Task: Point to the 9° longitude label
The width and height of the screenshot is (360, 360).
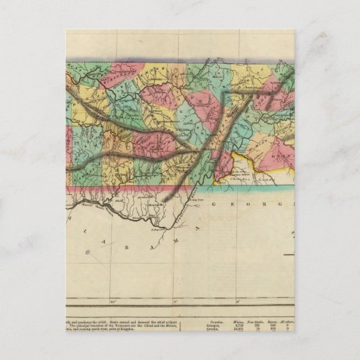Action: (x=175, y=300)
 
